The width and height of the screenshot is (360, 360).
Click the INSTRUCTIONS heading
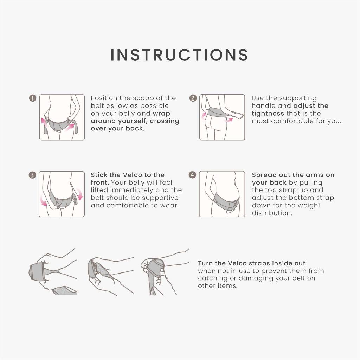click(179, 55)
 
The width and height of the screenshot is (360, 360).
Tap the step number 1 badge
click(33, 98)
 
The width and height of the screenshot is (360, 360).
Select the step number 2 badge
click(193, 98)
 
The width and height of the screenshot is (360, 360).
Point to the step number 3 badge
click(32, 175)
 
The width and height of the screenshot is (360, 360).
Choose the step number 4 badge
click(192, 175)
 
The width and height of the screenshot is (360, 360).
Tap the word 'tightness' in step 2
click(268, 114)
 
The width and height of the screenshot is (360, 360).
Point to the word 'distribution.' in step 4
click(272, 213)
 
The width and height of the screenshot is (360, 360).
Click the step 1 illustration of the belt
click(62, 117)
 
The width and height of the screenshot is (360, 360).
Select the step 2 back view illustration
click(222, 117)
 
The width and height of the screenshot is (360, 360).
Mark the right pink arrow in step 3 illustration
click(79, 194)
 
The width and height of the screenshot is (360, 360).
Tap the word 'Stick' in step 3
click(98, 175)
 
